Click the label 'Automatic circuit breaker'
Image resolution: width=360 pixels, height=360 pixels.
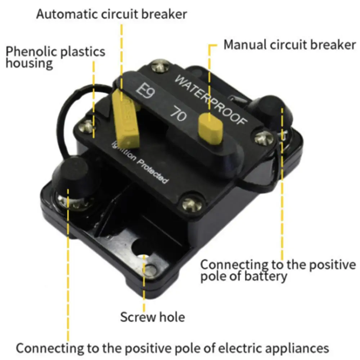[112, 14]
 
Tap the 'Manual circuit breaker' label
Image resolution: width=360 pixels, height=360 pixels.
[289, 45]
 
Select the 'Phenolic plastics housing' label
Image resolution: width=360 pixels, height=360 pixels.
[55, 57]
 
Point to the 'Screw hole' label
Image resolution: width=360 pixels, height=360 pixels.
[152, 317]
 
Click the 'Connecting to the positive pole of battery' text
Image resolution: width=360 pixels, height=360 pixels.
[278, 270]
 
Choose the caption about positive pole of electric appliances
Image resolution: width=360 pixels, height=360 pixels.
[172, 348]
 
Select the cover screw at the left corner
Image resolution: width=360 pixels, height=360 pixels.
[88, 126]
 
